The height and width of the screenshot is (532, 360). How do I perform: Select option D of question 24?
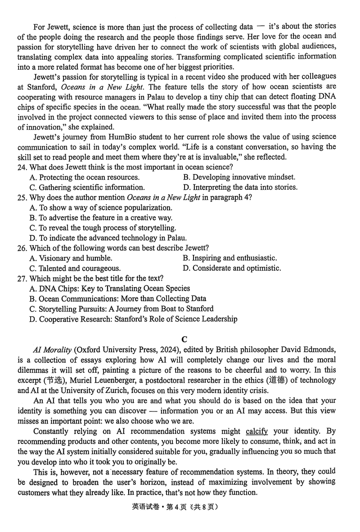pyautogui.click(x=240, y=188)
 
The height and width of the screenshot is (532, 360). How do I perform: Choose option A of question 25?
pyautogui.click(x=101, y=208)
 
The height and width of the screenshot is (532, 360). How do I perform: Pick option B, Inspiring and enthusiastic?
pyautogui.click(x=230, y=258)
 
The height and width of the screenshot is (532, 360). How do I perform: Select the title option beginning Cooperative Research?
pyautogui.click(x=133, y=319)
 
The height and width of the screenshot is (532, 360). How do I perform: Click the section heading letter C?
pyautogui.click(x=184, y=340)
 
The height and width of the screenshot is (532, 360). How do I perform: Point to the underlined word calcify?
pyautogui.click(x=257, y=431)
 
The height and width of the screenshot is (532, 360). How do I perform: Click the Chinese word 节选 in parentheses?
pyautogui.click(x=58, y=380)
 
